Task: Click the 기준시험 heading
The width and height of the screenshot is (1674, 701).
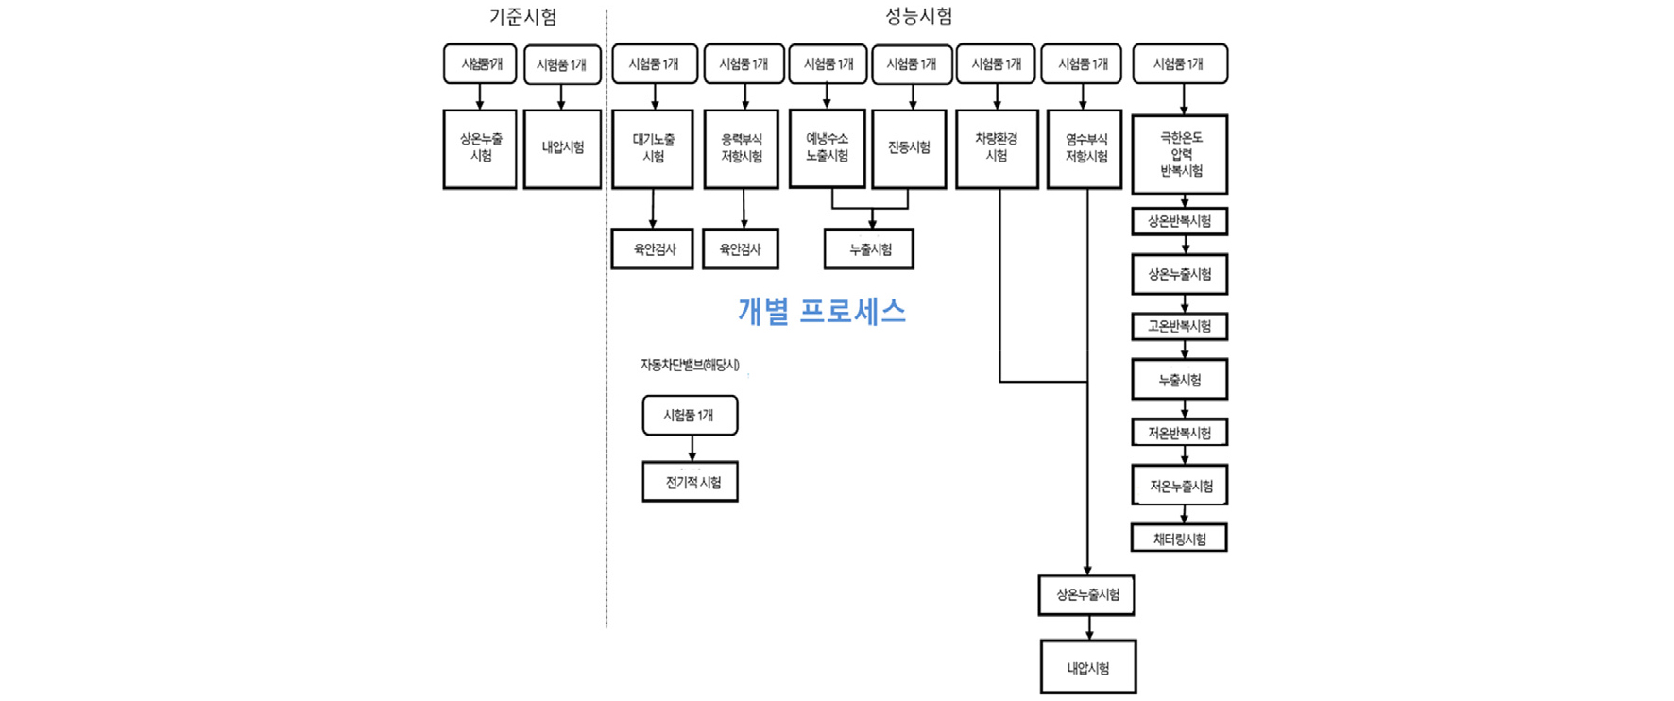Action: tap(522, 17)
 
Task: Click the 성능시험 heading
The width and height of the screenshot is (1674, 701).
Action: tap(918, 16)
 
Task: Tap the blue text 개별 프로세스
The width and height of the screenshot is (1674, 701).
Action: tap(821, 311)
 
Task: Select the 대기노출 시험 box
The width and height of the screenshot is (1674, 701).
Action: tap(653, 148)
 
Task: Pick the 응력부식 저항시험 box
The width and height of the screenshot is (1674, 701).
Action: tap(742, 148)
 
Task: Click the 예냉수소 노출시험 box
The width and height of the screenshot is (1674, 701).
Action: tap(827, 147)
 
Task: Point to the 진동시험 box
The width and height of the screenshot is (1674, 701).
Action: tap(909, 148)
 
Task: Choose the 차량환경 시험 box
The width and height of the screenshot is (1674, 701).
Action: tap(997, 148)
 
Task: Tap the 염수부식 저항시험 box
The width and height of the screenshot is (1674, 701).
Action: tap(1085, 148)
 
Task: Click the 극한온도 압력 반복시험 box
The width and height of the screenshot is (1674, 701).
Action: tap(1180, 154)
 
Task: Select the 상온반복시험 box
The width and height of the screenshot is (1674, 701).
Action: tap(1180, 221)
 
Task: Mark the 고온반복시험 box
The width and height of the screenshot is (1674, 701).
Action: tap(1180, 326)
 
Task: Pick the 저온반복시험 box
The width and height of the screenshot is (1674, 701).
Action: tap(1180, 433)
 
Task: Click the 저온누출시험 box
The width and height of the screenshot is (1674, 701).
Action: tap(1180, 486)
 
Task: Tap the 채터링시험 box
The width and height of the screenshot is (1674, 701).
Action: tap(1179, 539)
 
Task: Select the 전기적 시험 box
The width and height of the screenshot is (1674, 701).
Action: tap(691, 482)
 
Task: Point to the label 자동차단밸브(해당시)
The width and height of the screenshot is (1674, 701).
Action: tap(690, 365)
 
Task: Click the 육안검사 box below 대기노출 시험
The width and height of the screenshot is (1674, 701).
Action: tap(653, 249)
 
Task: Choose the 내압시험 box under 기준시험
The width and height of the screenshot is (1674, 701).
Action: tap(562, 148)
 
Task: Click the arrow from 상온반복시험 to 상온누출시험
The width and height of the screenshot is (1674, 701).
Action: tap(1186, 245)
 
